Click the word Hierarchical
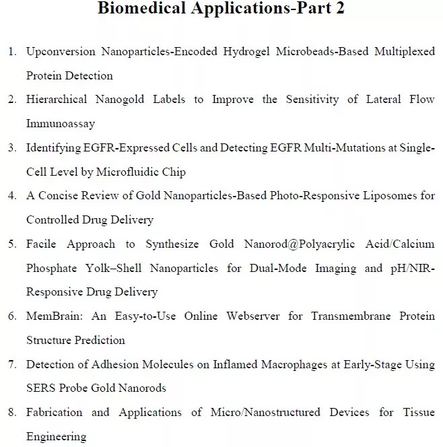coord(57,100)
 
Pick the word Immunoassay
coord(61,124)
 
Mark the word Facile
coord(42,244)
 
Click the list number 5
coord(12,244)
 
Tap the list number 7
coord(12,364)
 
